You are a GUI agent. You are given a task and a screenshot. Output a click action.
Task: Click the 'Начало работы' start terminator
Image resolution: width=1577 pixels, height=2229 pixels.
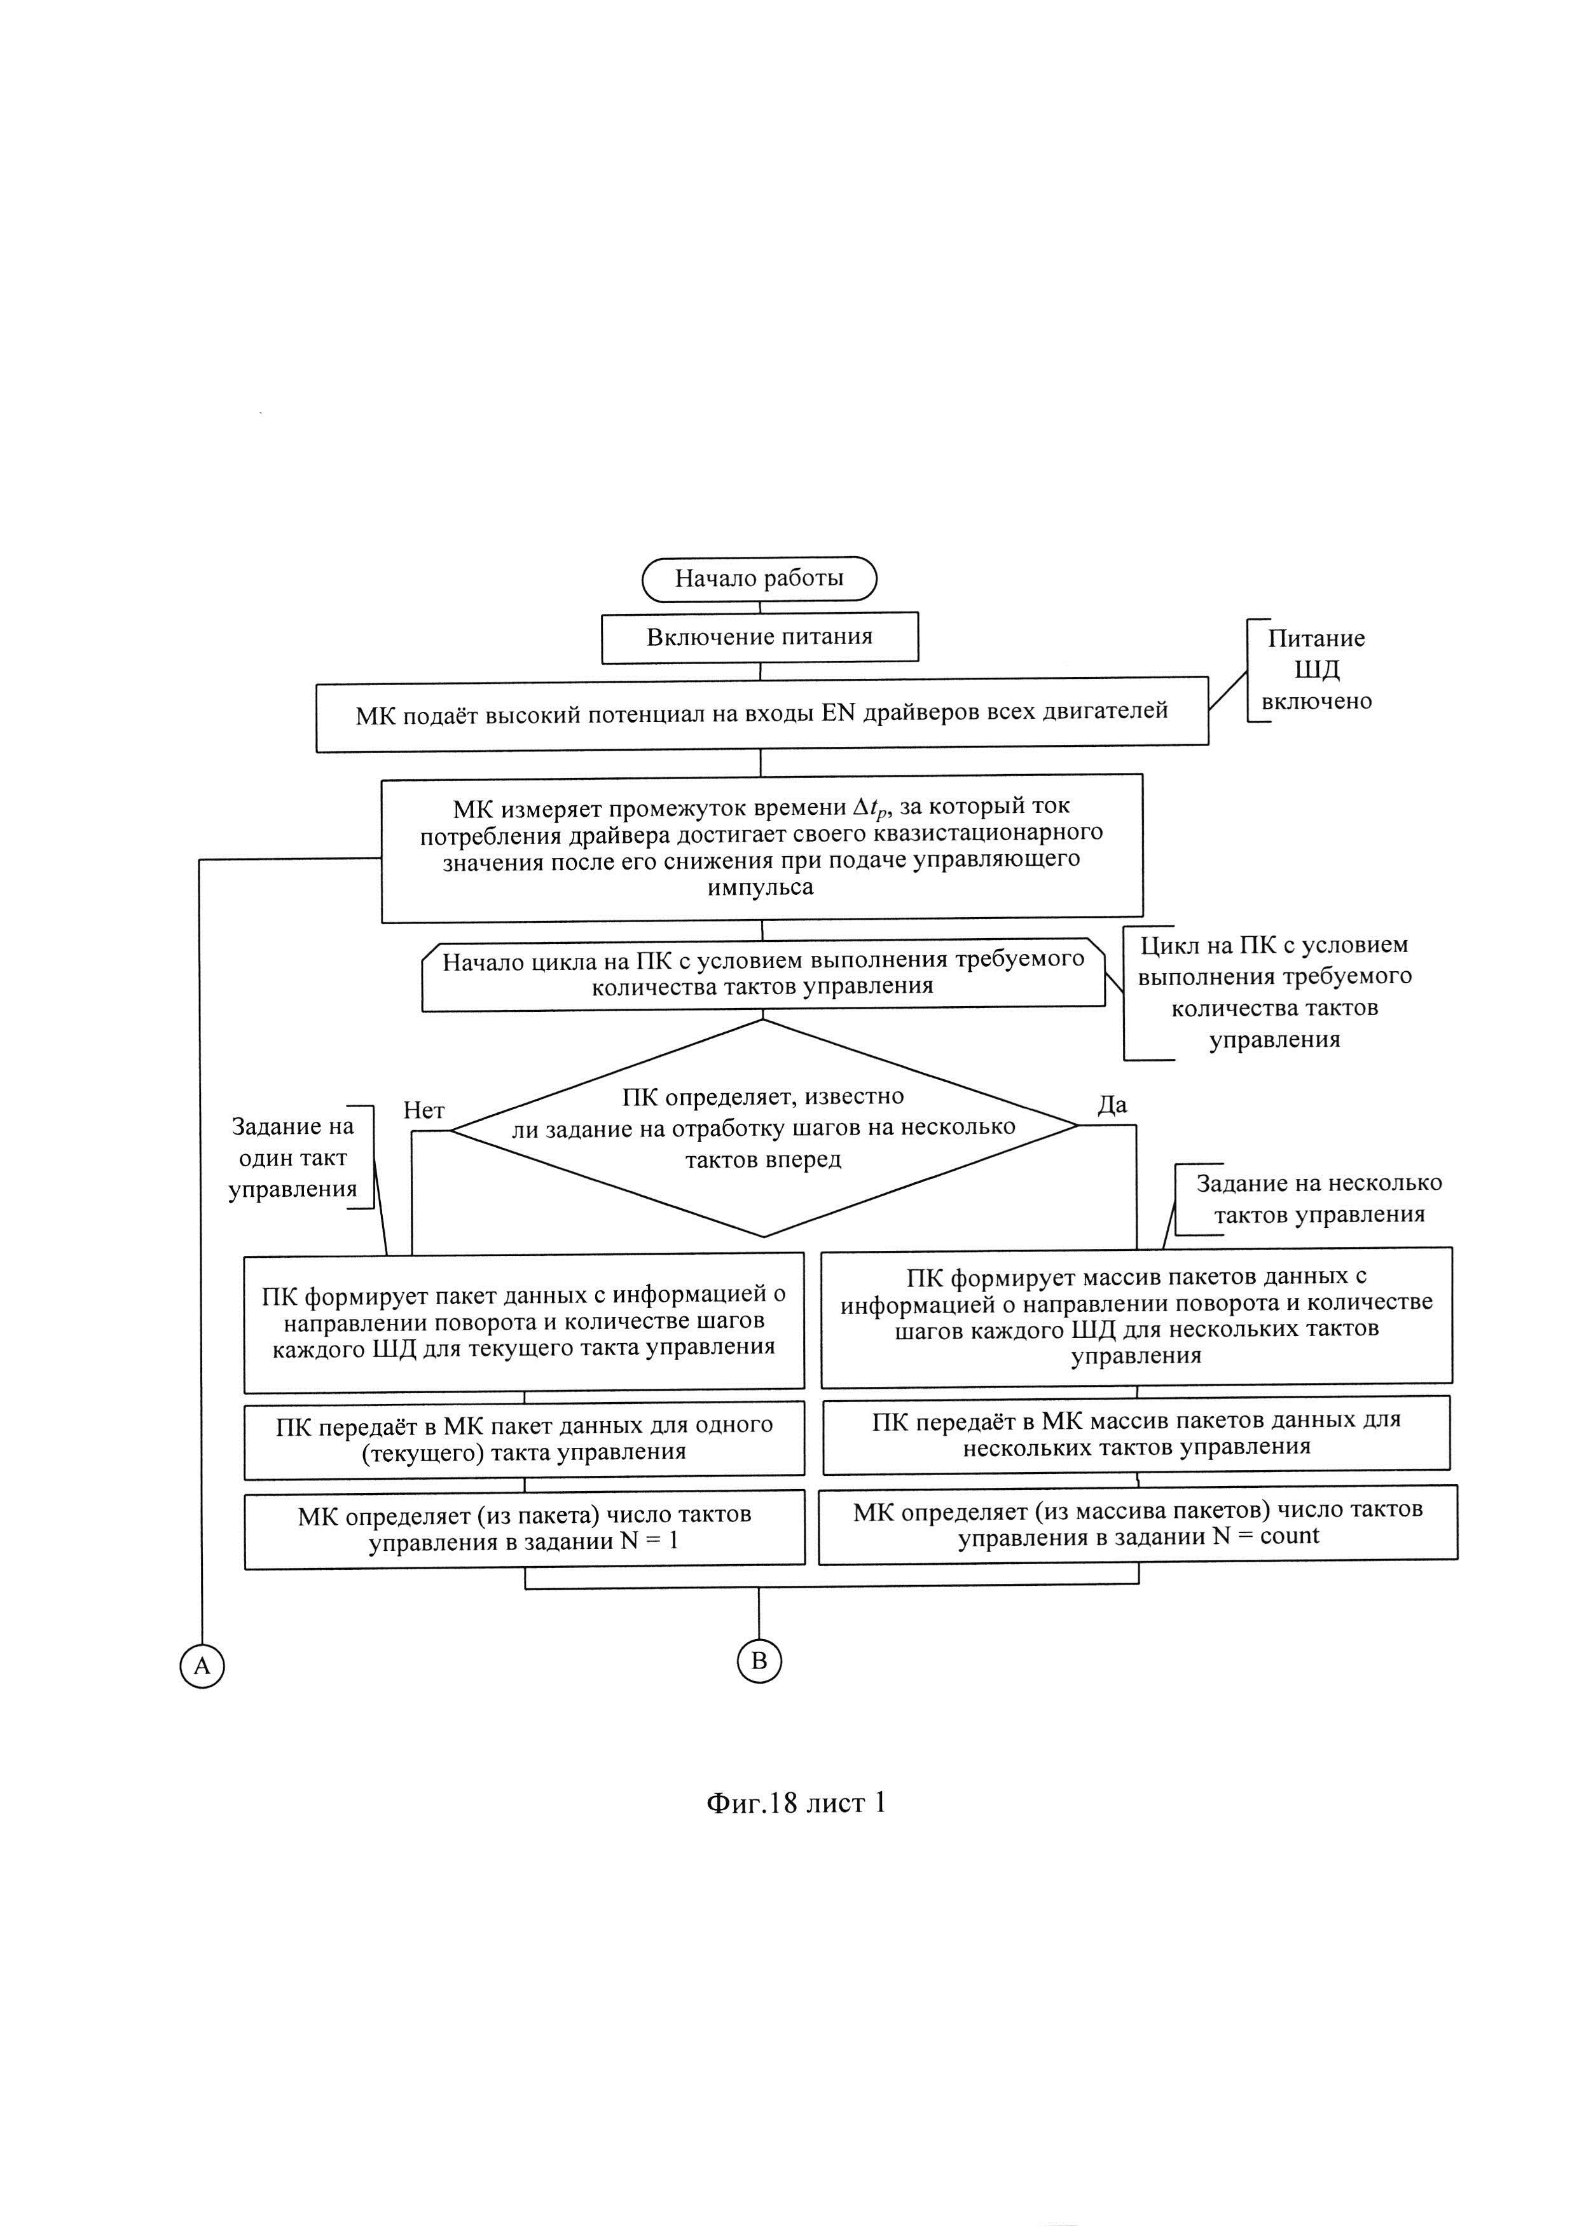(759, 578)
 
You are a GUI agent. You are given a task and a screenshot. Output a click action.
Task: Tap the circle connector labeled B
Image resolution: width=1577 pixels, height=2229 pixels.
(759, 1660)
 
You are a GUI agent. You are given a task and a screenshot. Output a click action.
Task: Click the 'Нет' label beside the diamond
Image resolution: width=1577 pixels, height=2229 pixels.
(424, 1110)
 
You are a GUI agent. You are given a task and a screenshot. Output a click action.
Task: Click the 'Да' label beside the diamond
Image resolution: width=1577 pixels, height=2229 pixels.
(1112, 1105)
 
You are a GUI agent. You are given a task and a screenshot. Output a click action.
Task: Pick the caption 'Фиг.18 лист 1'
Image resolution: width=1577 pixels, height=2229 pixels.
(795, 1804)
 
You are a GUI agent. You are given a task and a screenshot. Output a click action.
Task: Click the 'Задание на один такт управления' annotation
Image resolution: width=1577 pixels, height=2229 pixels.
(293, 1157)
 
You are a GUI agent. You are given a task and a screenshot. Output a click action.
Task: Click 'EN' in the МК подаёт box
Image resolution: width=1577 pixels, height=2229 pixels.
(837, 712)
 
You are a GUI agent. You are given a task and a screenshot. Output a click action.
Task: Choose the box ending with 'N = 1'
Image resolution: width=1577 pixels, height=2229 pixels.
(525, 1528)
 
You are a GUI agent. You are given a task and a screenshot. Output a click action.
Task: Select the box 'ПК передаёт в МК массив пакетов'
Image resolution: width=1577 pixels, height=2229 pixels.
(1136, 1433)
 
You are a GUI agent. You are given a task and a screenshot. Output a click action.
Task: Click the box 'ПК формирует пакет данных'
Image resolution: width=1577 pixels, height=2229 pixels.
(525, 1321)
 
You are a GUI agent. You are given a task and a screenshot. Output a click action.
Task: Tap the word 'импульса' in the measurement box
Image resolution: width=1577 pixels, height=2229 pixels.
(761, 887)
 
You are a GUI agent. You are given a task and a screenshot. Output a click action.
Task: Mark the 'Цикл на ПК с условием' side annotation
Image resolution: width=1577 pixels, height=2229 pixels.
(1274, 992)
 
